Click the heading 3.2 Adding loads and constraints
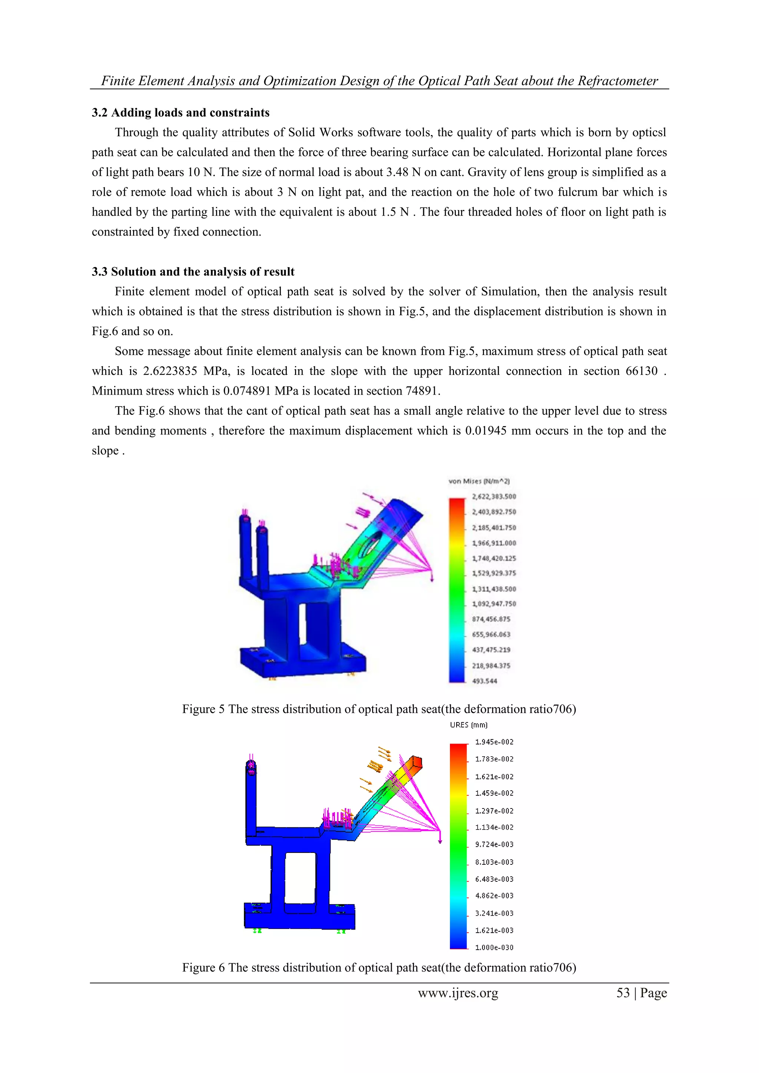[x=180, y=113]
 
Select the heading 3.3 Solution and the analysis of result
[x=193, y=272]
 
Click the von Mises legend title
[x=478, y=481]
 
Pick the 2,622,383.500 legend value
[x=494, y=496]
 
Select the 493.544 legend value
[x=484, y=681]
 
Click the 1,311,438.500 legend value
[x=494, y=589]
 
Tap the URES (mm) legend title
[x=468, y=725]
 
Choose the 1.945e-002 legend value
[x=494, y=742]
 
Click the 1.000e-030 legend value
[x=494, y=947]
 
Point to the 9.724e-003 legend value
[x=494, y=844]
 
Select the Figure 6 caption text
[x=378, y=967]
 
